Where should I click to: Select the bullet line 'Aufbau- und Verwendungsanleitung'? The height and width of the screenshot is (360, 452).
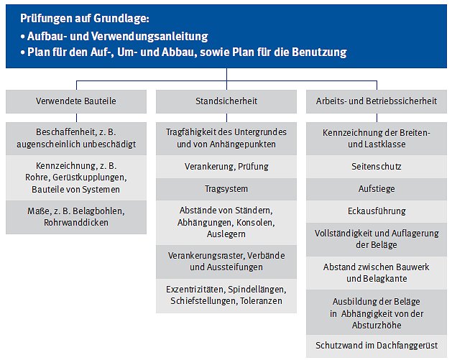[116, 36]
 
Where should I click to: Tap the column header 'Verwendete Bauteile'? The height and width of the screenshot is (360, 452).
[76, 101]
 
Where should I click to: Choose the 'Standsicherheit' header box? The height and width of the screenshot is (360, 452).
[226, 101]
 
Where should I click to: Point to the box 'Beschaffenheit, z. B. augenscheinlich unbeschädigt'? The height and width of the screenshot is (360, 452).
[76, 138]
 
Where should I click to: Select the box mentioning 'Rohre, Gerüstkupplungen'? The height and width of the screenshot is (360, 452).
[76, 177]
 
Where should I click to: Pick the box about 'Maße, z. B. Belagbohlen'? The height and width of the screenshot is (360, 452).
[76, 217]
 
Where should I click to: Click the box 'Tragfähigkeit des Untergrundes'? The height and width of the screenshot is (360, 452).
[226, 138]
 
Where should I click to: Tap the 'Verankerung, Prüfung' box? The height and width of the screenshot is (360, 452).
[226, 167]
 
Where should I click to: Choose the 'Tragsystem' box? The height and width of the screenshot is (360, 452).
[226, 188]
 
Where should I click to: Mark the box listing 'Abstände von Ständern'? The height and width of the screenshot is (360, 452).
[226, 222]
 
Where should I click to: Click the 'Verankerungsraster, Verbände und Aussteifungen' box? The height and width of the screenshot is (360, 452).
[226, 262]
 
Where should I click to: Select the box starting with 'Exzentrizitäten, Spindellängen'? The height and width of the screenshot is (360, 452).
[226, 295]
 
